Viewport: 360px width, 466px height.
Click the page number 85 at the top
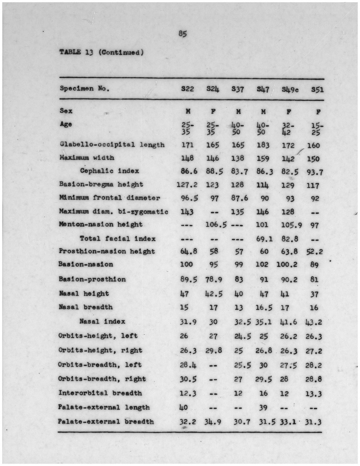click(183, 34)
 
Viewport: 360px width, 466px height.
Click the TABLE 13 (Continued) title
click(102, 52)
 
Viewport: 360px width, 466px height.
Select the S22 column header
click(188, 89)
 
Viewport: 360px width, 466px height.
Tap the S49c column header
click(290, 89)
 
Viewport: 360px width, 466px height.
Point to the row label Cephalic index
click(109, 171)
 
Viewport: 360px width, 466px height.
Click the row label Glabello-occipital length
click(112, 145)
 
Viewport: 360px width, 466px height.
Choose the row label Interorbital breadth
click(100, 393)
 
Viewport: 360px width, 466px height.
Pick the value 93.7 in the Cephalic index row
click(314, 172)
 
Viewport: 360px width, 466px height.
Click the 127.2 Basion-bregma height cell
click(187, 185)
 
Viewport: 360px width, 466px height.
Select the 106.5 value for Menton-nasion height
click(216, 225)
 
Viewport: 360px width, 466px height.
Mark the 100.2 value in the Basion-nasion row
click(287, 264)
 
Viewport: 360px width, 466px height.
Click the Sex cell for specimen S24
click(213, 111)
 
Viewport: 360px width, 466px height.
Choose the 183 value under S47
click(263, 145)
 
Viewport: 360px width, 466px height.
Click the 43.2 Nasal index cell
click(314, 322)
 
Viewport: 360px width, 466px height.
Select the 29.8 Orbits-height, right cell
click(214, 351)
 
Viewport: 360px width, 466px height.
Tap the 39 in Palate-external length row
click(263, 408)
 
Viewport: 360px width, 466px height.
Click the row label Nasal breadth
click(86, 307)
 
